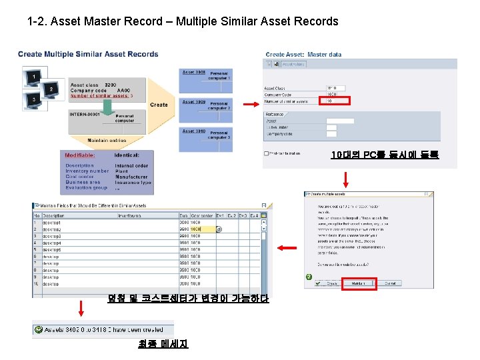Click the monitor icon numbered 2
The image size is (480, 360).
click(x=49, y=89)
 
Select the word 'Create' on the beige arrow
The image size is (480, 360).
click(x=159, y=105)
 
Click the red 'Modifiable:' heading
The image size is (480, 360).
click(x=79, y=155)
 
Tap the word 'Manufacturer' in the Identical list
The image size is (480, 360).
click(x=131, y=177)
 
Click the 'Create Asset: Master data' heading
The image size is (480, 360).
click(x=303, y=55)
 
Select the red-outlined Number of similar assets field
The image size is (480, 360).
click(x=336, y=101)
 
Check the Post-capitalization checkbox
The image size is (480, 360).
click(x=266, y=153)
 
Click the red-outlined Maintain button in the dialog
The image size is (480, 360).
click(x=359, y=283)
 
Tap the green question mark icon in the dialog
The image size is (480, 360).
click(x=309, y=277)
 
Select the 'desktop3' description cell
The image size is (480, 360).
click(x=52, y=237)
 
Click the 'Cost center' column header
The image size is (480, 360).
click(x=201, y=215)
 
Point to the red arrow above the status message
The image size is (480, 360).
click(x=81, y=308)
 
